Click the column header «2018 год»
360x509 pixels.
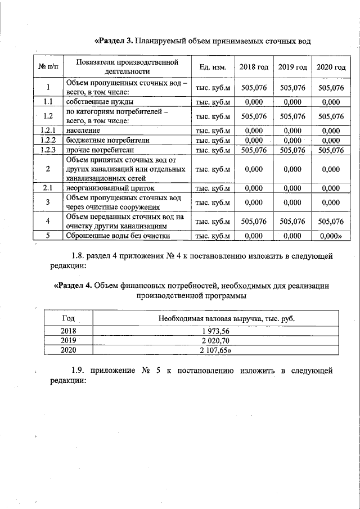(254, 67)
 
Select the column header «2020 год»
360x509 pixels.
(331, 67)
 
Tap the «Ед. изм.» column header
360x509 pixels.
(212, 67)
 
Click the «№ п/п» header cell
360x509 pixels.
(48, 67)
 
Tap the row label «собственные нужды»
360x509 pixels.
(100, 102)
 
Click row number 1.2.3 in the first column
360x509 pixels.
(48, 150)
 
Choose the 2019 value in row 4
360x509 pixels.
(292, 222)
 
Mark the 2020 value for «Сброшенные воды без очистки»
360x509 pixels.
(331, 236)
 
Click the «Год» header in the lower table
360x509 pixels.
(67, 318)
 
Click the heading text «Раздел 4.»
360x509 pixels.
(73, 286)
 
